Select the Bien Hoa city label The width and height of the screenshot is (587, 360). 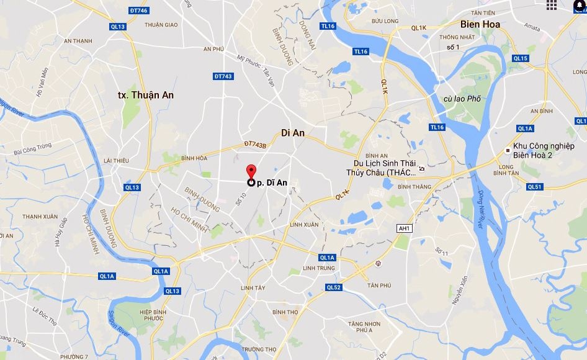480,24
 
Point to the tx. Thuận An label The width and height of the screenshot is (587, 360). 146,95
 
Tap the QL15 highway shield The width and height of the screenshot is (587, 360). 520,58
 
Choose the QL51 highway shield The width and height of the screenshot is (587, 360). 534,186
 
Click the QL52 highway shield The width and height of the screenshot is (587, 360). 333,287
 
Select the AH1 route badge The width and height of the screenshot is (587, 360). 405,228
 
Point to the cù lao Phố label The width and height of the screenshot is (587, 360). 462,99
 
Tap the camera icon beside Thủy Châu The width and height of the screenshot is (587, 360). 422,168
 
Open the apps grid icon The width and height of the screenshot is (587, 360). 552,6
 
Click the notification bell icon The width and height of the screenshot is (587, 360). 578,6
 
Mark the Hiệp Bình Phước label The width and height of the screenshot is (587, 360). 155,316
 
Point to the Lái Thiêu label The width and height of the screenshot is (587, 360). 116,160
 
